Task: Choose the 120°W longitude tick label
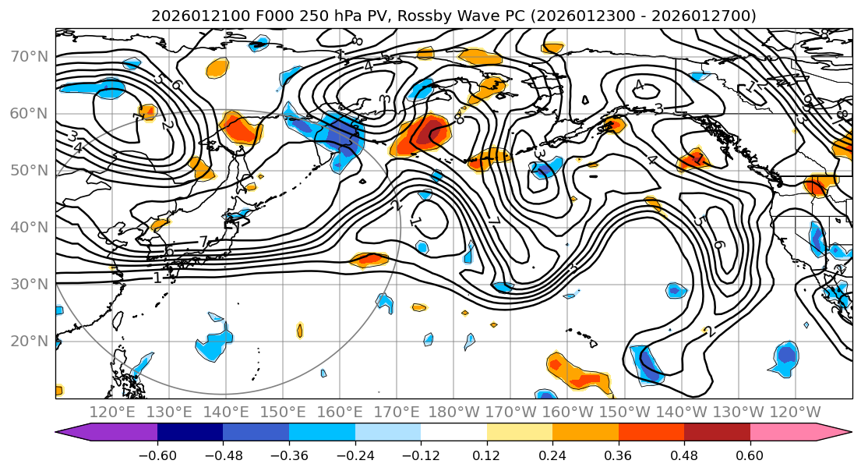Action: coord(795,412)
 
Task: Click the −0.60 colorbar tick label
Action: coord(157,454)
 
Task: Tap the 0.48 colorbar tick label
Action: coord(684,454)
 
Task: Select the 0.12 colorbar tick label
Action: coord(487,454)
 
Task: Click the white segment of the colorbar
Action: coord(453,433)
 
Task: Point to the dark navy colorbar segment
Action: coord(190,433)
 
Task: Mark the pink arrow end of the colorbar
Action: coord(834,433)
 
